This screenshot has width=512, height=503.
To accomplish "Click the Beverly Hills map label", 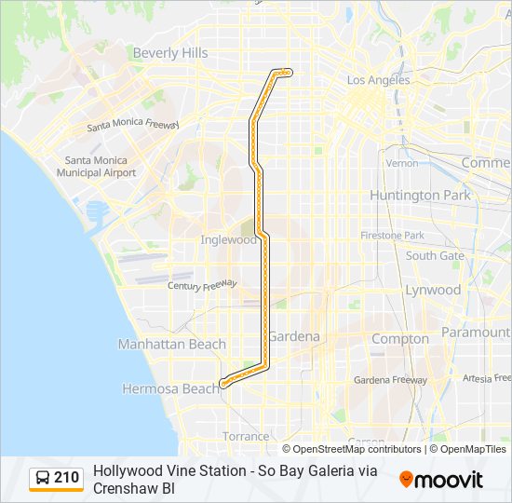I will pos(170,53).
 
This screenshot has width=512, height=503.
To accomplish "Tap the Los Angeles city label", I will pos(378,80).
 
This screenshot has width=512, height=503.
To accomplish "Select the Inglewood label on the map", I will pos(228,239).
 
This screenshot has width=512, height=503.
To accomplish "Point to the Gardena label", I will pos(294,336).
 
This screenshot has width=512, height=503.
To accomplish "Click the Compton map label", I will pos(400,339).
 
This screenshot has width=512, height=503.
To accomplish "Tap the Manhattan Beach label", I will pos(171,345).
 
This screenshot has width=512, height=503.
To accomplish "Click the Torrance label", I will pos(246,436).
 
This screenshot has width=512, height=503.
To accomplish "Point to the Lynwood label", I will pos(433,290).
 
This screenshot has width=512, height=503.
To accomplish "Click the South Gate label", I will pos(435,255).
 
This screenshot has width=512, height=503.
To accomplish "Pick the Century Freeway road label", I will pos(202,285).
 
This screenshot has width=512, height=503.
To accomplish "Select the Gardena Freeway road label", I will pos(390,380).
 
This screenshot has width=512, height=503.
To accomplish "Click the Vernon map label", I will pos(402,163).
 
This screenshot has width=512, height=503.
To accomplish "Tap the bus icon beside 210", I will pos(44,479).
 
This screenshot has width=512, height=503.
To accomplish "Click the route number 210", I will pos(66,478).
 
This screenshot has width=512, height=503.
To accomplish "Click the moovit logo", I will pos(441,480).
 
